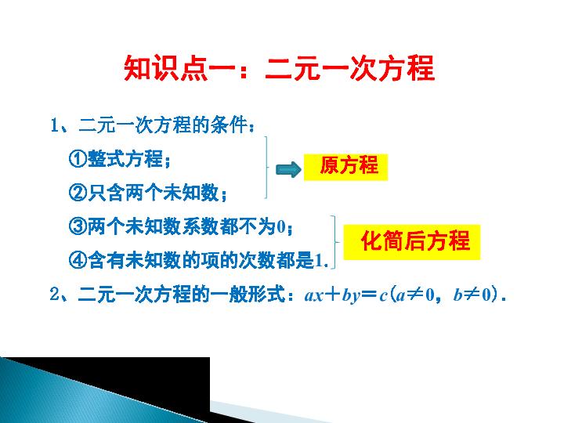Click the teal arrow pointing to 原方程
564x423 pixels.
(288, 169)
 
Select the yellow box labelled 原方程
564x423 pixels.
(345, 167)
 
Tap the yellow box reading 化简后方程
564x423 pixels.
(412, 242)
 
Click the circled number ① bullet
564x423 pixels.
(78, 158)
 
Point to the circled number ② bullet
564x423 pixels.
(78, 193)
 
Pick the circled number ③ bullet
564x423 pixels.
(78, 226)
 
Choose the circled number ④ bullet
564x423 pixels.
(78, 260)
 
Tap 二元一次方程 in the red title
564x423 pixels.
(349, 68)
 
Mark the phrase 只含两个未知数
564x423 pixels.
(154, 193)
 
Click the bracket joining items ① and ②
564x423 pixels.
(266, 168)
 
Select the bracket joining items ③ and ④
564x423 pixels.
(335, 242)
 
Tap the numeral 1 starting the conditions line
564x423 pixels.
(54, 125)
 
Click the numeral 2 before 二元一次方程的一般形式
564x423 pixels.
(54, 295)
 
